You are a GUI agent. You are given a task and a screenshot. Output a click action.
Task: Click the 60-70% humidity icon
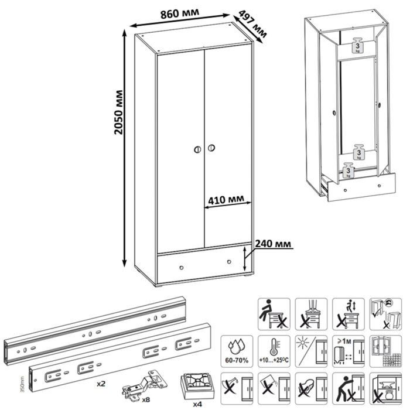[235, 350]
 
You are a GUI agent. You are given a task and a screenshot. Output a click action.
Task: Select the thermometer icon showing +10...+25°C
[274, 350]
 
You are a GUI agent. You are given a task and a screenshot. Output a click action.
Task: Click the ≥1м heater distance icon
[346, 350]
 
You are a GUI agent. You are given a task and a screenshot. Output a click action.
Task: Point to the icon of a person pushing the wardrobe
[346, 388]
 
